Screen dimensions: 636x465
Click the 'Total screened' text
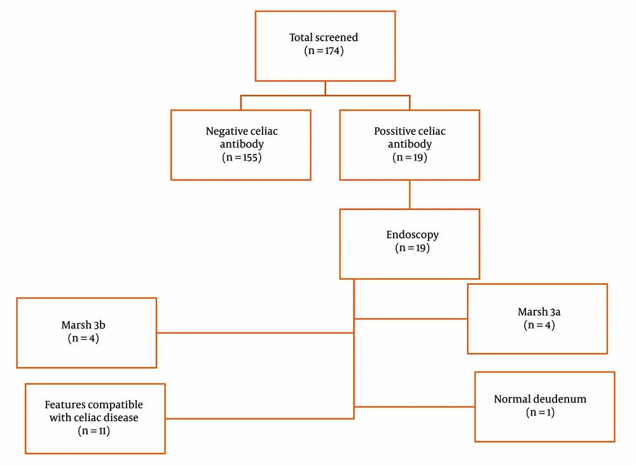[324, 38]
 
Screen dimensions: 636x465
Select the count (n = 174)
[324, 51]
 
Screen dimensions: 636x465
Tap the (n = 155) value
[242, 157]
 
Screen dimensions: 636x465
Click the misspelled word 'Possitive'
[391, 131]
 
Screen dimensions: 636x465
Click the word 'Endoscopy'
[413, 235]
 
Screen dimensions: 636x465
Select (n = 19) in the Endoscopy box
[413, 248]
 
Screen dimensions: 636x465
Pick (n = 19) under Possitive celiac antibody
[410, 157]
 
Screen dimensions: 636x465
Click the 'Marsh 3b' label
[83, 325]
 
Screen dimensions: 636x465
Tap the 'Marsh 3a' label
[539, 312]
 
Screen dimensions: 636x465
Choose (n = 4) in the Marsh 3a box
[539, 325]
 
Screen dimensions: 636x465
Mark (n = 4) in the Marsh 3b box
[83, 338]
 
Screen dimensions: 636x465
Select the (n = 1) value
[540, 413]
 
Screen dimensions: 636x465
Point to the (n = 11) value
[93, 431]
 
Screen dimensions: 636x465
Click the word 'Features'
[65, 405]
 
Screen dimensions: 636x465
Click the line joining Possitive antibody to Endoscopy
[410, 195]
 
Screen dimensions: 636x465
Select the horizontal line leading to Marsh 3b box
[255, 333]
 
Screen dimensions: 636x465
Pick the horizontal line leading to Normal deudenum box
[414, 406]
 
